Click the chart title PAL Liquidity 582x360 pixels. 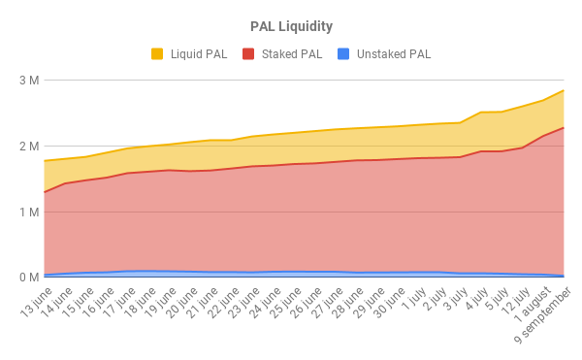click(290, 25)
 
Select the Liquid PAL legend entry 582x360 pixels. click(199, 54)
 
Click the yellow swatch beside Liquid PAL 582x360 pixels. click(157, 54)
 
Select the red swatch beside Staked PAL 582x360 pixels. click(248, 54)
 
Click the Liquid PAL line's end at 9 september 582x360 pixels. click(564, 90)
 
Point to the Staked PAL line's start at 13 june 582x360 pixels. click(44, 192)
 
